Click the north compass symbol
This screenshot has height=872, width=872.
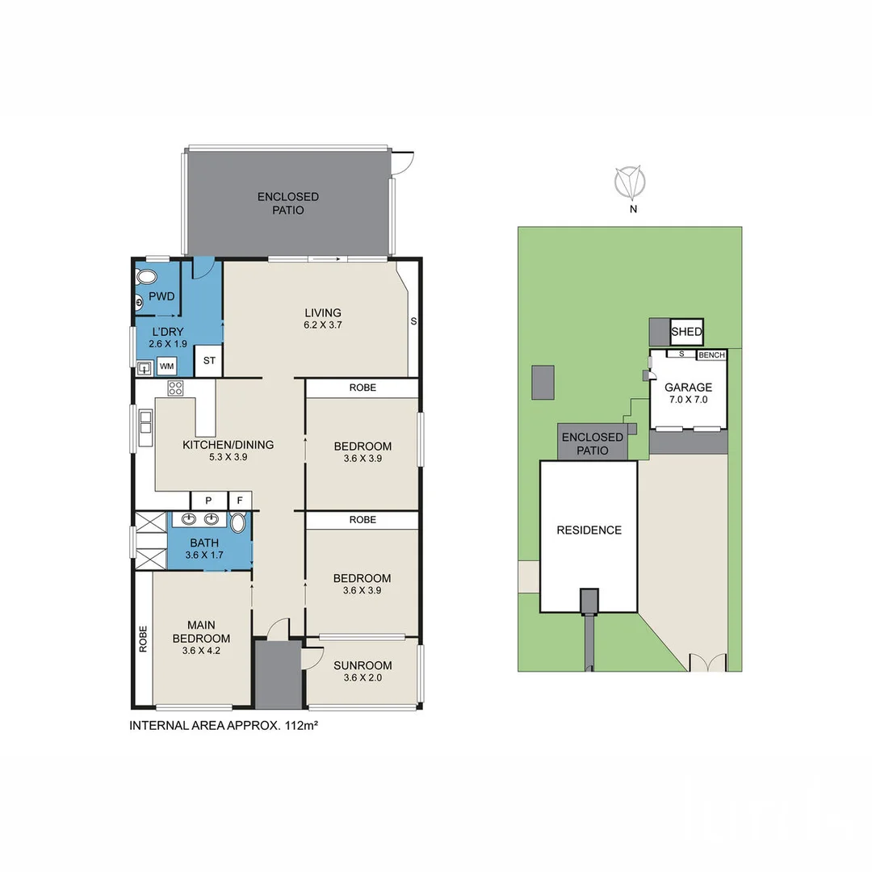[629, 183]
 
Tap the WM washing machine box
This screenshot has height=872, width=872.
[166, 367]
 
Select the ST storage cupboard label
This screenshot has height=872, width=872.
[208, 361]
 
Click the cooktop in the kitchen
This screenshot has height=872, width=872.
[176, 388]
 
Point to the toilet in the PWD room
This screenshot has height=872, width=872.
[147, 278]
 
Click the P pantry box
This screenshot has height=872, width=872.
[208, 501]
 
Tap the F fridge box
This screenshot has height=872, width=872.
[239, 501]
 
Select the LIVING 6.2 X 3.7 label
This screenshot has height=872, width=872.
[322, 319]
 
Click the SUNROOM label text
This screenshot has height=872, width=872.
[363, 665]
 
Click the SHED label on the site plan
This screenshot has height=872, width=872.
[686, 332]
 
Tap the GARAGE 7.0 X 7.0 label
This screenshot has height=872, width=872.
[688, 393]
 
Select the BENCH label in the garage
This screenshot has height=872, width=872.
[711, 355]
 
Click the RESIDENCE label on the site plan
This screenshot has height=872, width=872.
[589, 530]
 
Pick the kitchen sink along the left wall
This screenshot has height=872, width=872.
[145, 428]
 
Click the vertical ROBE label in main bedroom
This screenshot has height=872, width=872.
[143, 639]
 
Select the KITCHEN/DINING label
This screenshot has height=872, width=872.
[228, 451]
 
